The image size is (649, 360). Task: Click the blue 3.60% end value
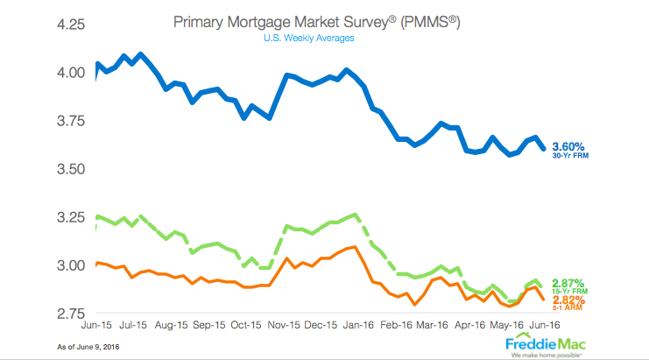tap(581, 146)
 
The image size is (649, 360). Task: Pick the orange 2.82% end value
tap(582, 300)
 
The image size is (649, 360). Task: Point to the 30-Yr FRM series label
tap(582, 156)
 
